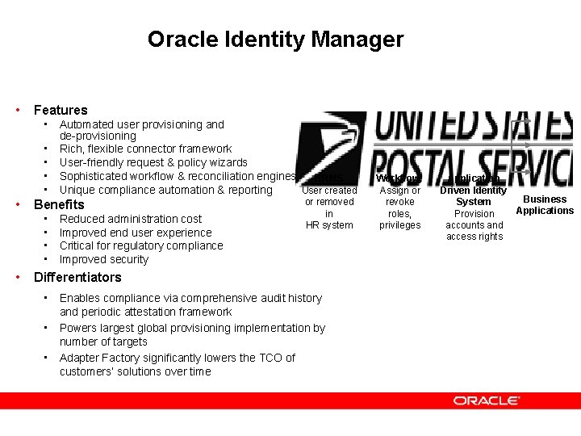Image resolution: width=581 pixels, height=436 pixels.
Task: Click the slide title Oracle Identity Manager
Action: point(275,39)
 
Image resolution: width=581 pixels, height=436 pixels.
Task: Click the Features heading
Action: point(61,110)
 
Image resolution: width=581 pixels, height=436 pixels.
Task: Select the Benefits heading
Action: point(59,204)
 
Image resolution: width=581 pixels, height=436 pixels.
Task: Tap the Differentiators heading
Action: point(77,277)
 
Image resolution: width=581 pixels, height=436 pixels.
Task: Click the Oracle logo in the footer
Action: point(486,400)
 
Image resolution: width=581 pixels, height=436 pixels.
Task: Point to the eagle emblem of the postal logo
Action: point(320,149)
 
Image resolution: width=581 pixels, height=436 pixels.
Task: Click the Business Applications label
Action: point(545,205)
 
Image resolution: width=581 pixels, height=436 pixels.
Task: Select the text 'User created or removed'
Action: point(329,196)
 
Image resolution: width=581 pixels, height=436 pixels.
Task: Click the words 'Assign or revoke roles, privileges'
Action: point(400,208)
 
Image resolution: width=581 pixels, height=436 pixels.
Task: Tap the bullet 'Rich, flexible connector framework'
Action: point(145,149)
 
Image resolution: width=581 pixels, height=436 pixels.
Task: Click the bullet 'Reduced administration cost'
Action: point(131,219)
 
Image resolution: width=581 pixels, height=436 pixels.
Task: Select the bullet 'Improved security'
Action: point(104,259)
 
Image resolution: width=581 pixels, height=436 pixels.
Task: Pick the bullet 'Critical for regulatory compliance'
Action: point(141,245)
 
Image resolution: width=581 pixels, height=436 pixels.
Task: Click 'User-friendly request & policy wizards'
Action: point(153,162)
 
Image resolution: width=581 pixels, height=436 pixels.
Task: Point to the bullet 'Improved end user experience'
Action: point(136,233)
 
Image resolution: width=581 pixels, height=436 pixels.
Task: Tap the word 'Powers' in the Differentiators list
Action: point(78,328)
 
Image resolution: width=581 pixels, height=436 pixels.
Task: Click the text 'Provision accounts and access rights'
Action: point(474,224)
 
